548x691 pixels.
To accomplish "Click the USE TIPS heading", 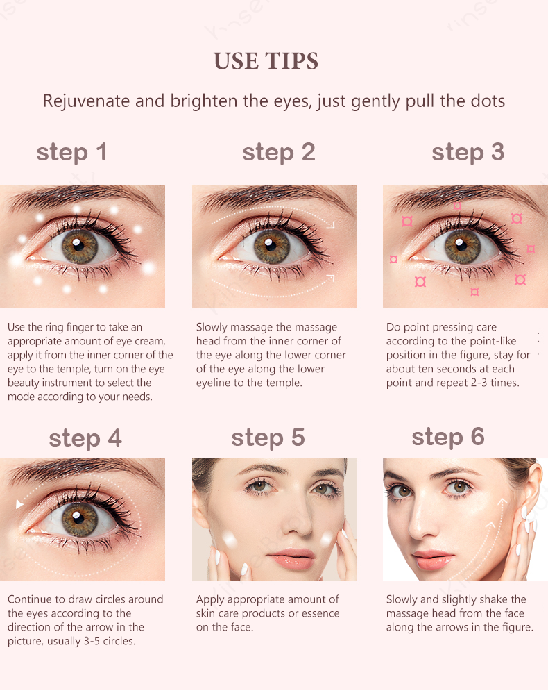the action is (266, 61).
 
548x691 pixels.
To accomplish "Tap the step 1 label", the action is (71, 153).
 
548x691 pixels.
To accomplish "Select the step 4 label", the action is (85, 438).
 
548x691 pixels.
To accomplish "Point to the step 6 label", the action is (448, 437).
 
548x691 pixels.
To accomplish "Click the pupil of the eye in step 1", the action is (79, 244).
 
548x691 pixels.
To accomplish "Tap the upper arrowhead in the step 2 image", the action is (331, 225).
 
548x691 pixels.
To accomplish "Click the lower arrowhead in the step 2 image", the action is (330, 278).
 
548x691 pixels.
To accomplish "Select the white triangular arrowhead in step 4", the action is (19, 503).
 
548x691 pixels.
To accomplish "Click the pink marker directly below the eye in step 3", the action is (474, 292).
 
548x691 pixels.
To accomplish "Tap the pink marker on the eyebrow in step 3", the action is (457, 206).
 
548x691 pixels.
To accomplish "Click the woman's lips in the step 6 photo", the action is (434, 558).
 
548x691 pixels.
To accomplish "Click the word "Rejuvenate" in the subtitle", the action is (86, 101).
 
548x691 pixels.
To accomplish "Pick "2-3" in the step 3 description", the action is (479, 383).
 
